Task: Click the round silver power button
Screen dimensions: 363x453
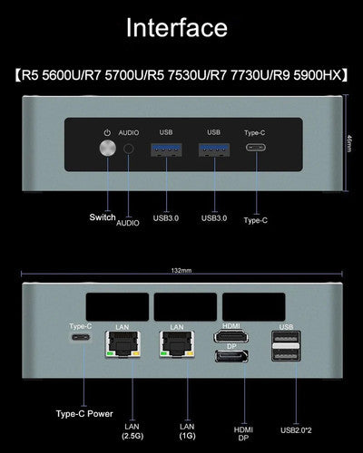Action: (107, 149)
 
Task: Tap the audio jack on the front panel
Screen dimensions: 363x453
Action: (129, 149)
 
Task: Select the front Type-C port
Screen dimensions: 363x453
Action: (256, 148)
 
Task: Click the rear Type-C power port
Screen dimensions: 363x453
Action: (81, 337)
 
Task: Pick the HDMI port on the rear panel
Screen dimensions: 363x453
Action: (231, 336)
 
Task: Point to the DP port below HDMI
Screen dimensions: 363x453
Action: (231, 356)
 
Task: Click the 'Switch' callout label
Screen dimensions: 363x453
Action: (103, 217)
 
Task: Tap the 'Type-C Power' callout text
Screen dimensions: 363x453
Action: (84, 414)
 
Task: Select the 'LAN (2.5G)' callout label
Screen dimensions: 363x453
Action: (132, 431)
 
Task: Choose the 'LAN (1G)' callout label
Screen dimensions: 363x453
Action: (187, 431)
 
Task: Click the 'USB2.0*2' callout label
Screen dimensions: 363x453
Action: (296, 430)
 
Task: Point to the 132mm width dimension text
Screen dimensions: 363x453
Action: (181, 270)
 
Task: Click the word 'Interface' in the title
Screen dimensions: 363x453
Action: (177, 27)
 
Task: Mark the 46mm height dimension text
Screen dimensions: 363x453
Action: (349, 143)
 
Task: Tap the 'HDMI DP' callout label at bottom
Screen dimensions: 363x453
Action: (243, 434)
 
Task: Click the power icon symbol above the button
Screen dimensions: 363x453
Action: (107, 132)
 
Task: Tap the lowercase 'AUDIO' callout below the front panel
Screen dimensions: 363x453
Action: (128, 223)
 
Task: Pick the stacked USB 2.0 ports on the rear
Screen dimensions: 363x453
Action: (286, 346)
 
